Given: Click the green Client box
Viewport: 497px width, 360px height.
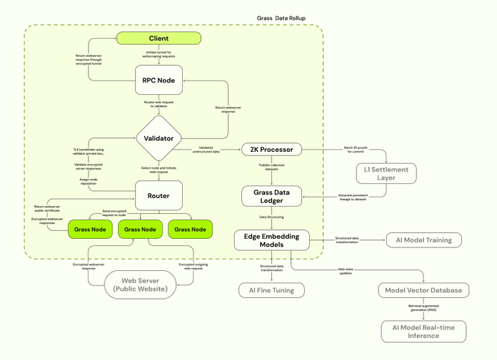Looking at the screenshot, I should pyautogui.click(x=159, y=38).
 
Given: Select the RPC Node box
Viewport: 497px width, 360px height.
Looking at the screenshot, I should pyautogui.click(x=159, y=80).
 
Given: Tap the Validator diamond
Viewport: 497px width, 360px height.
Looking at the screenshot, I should pyautogui.click(x=159, y=138).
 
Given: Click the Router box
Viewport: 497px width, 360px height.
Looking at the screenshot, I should pyautogui.click(x=159, y=196).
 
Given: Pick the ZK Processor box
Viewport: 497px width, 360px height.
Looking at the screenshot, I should pyautogui.click(x=271, y=150).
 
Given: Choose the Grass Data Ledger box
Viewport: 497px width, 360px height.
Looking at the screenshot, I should pyautogui.click(x=272, y=196).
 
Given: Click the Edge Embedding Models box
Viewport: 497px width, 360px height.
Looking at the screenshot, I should pyautogui.click(x=272, y=240).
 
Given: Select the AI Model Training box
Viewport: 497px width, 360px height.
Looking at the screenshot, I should pyautogui.click(x=423, y=240).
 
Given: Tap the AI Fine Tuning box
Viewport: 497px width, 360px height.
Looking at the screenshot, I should pyautogui.click(x=271, y=290).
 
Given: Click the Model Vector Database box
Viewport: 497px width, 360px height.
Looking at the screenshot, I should pyautogui.click(x=423, y=290).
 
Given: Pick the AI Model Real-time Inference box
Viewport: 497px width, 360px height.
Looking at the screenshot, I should pyautogui.click(x=423, y=332).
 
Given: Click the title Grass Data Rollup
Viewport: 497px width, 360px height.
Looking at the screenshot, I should pyautogui.click(x=281, y=18).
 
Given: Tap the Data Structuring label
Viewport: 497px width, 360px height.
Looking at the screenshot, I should pyautogui.click(x=272, y=217).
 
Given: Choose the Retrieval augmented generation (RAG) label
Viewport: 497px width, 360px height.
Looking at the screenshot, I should pyautogui.click(x=422, y=308).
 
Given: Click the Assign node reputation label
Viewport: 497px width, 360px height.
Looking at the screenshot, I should pyautogui.click(x=88, y=181).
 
